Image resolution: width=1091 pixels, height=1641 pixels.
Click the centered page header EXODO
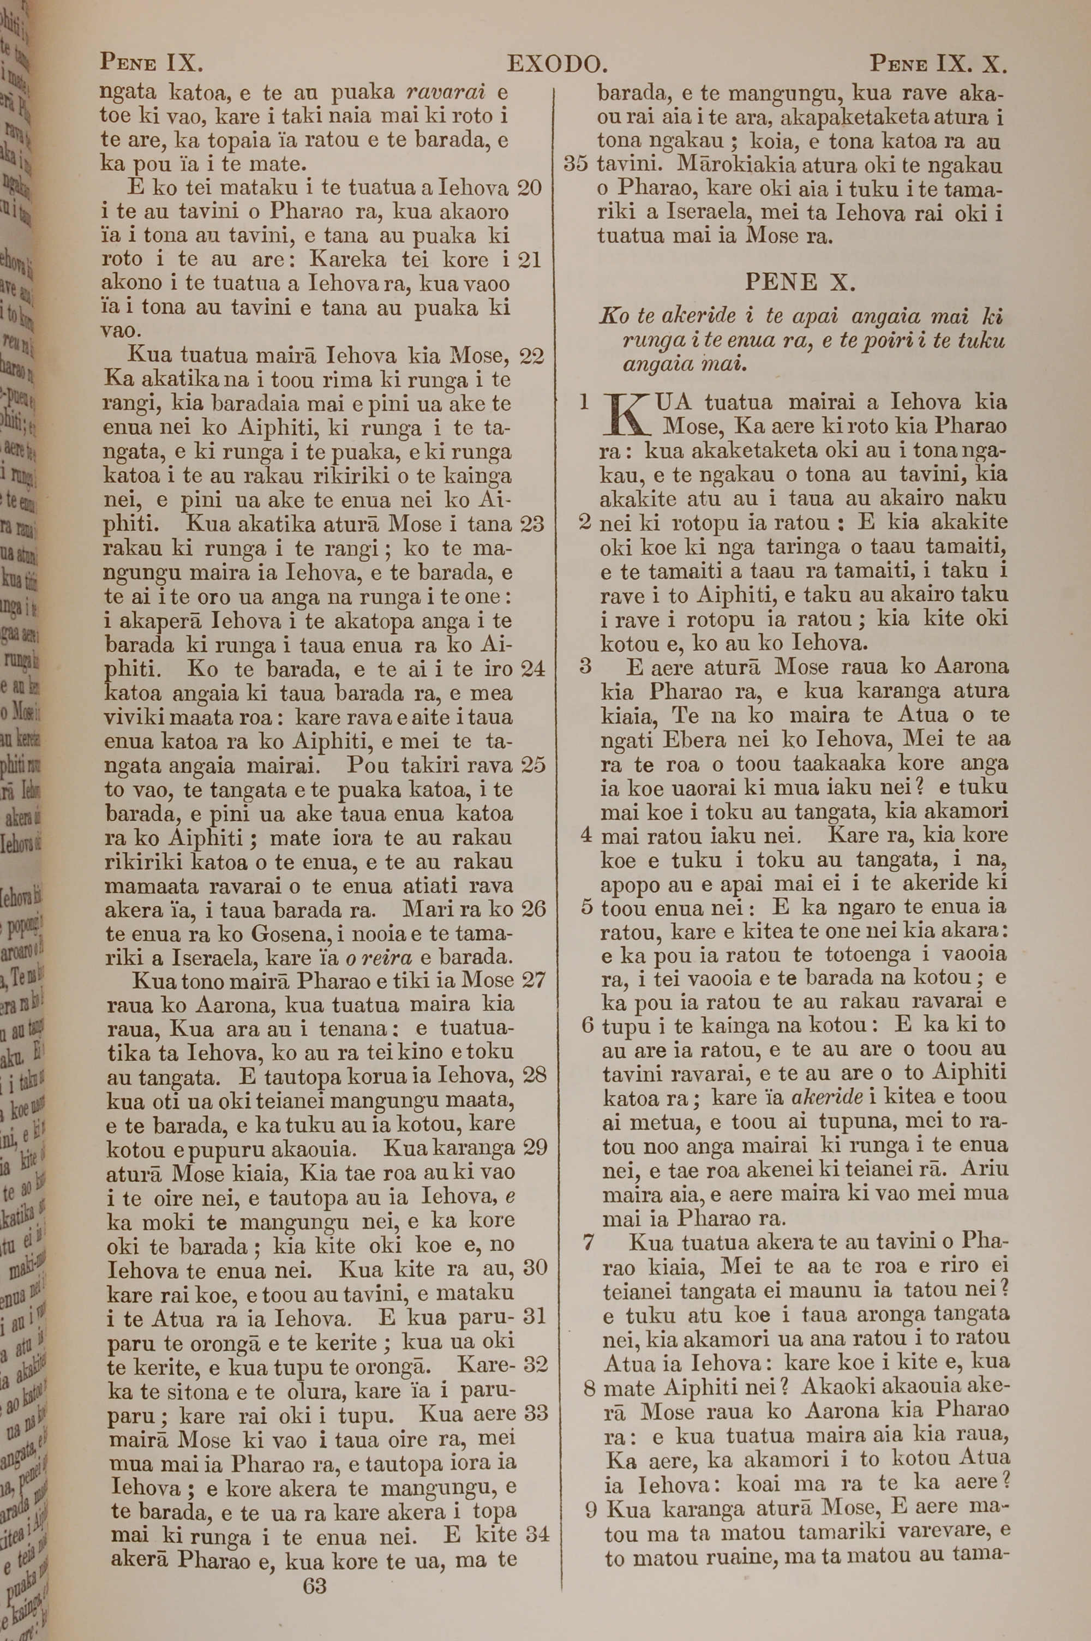click(x=558, y=65)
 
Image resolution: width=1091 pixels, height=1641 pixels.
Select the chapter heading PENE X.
click(x=800, y=283)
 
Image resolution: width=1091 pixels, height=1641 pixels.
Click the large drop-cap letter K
click(x=625, y=414)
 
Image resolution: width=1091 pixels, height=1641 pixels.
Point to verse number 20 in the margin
click(x=530, y=188)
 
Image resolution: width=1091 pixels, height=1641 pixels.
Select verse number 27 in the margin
click(x=533, y=980)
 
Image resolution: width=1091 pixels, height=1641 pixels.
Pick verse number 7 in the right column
click(x=589, y=1241)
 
